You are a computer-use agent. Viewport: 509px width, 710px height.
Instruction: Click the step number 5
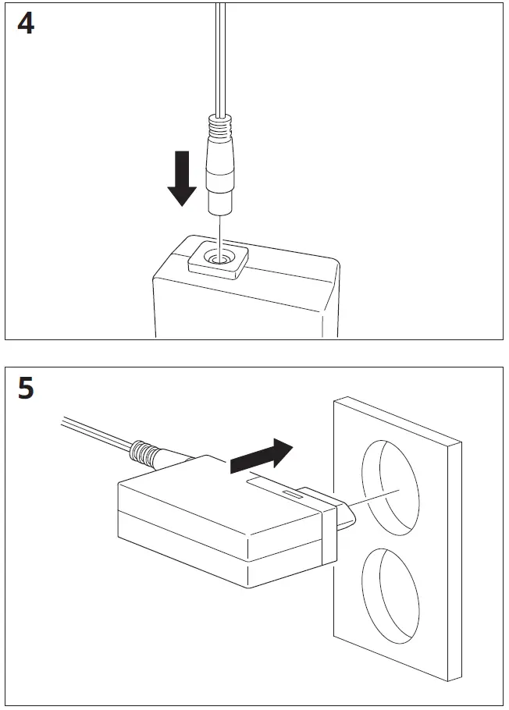click(x=26, y=388)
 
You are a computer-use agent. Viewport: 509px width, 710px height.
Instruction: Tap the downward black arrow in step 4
click(x=182, y=179)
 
